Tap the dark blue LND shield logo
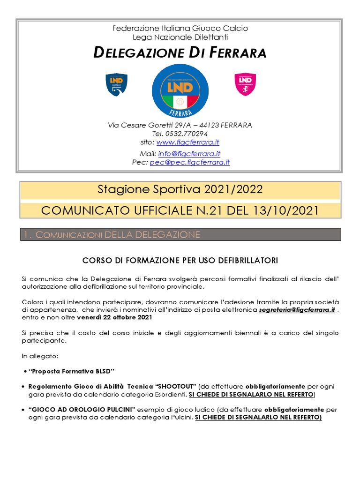117,84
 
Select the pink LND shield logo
245,84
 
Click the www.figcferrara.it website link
188,142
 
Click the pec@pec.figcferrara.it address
190,162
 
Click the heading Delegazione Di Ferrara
180,52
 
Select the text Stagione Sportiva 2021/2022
180,189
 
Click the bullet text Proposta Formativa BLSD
72,372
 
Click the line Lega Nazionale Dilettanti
180,37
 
